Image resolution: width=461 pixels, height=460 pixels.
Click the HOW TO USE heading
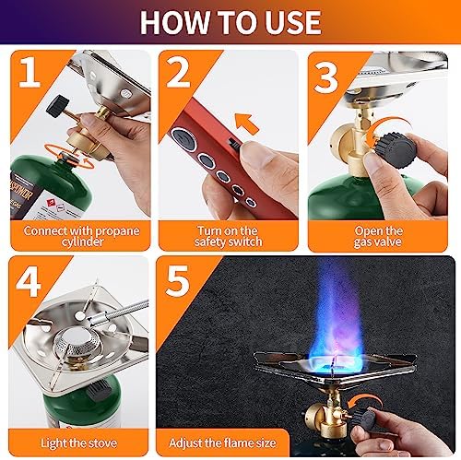point(230,21)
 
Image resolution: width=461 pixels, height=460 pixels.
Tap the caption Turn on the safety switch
point(230,235)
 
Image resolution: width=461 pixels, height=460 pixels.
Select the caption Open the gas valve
point(380,235)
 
